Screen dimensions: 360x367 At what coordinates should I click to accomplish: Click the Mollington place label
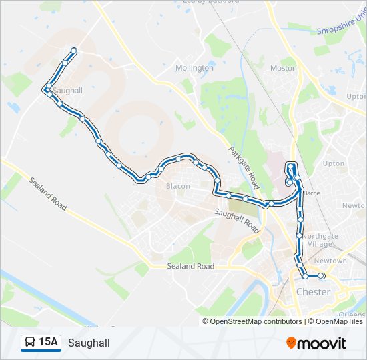click(194, 68)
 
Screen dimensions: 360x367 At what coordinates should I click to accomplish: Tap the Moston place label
click(284, 68)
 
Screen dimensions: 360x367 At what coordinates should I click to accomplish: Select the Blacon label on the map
click(178, 186)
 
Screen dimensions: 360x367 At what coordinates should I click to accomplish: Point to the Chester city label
click(313, 292)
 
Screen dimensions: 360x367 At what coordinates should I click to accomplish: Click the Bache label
click(312, 193)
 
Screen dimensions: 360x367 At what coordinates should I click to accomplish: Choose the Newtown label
click(331, 261)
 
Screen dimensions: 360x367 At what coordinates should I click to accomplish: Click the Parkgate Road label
click(242, 167)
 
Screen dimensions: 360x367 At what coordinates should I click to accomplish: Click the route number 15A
click(48, 342)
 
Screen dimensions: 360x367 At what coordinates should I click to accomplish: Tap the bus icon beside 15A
click(30, 343)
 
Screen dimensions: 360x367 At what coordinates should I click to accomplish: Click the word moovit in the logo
click(322, 343)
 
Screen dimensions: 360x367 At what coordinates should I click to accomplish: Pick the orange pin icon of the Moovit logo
click(291, 343)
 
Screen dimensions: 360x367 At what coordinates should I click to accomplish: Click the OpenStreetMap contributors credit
click(256, 321)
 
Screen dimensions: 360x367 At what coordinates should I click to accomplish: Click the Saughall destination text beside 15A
click(89, 343)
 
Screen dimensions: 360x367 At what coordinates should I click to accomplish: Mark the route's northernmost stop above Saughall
click(73, 51)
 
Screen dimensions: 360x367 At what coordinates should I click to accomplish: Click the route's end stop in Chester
click(321, 275)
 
